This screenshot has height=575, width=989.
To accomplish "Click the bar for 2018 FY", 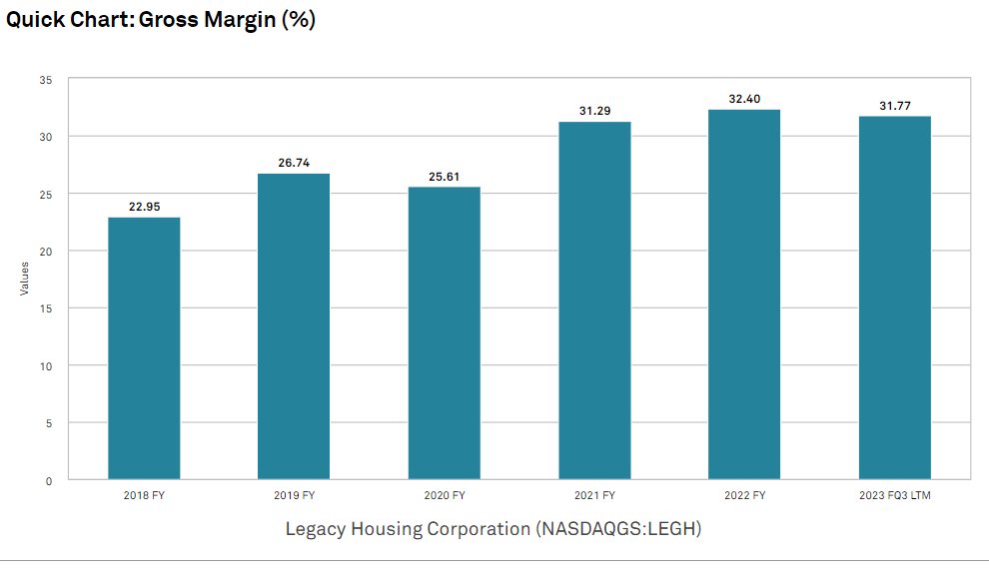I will point(144,348).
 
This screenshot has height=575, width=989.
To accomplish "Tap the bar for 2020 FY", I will point(445,333).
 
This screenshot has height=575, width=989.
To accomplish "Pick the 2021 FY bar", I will point(594,300).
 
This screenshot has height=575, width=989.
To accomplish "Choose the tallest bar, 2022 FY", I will point(744,294).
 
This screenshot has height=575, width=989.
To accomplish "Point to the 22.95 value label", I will point(144,207).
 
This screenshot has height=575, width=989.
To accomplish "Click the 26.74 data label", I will point(294,163).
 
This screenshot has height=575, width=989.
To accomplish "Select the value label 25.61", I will point(445,176).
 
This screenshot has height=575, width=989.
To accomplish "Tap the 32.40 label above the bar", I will point(744,99).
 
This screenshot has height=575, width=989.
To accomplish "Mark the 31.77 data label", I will point(895,106).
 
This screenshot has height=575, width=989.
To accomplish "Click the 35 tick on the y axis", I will point(46,79).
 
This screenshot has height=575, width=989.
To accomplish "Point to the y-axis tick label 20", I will point(46,251).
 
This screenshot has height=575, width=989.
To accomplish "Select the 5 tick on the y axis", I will point(49,423).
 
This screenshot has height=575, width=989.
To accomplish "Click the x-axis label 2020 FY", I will point(445,495).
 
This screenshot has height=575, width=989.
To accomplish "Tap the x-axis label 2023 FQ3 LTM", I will point(895,495).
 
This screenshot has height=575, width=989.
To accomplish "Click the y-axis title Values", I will point(25,279).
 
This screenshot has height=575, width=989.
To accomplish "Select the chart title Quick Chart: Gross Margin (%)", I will point(161,19).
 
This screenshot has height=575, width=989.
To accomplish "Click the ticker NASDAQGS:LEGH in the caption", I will point(617,529).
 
